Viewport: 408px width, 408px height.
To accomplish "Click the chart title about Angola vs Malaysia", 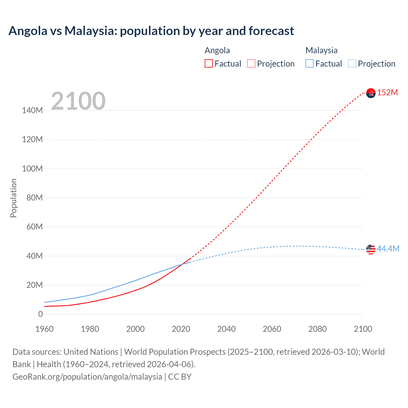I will click(151, 31).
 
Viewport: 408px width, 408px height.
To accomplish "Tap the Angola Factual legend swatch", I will click(209, 63).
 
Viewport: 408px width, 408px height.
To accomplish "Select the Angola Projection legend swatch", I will click(251, 63).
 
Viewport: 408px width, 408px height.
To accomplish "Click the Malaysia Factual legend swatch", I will click(310, 63).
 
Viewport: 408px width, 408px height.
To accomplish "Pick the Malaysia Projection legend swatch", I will click(352, 63).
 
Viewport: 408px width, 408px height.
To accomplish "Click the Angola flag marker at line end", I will click(371, 93).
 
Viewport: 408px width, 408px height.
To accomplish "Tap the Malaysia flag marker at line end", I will click(371, 249).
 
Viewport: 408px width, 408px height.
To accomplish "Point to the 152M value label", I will click(387, 92).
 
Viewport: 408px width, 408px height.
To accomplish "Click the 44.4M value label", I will click(388, 249).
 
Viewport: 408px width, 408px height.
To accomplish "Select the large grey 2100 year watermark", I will click(78, 101).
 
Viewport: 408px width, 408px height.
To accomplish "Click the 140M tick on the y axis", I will click(32, 111).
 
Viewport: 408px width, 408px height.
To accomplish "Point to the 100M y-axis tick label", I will click(32, 169).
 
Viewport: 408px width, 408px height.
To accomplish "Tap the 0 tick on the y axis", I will click(40, 314).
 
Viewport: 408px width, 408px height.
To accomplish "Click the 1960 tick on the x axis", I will click(44, 329).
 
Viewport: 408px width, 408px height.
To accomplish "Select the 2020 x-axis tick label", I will click(181, 329).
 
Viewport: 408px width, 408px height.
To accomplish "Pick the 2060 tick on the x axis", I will click(272, 329).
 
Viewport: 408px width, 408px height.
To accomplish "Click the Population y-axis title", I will click(13, 198).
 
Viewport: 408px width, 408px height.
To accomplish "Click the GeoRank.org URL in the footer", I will click(87, 376).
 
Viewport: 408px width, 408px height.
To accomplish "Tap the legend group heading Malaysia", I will click(321, 50).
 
